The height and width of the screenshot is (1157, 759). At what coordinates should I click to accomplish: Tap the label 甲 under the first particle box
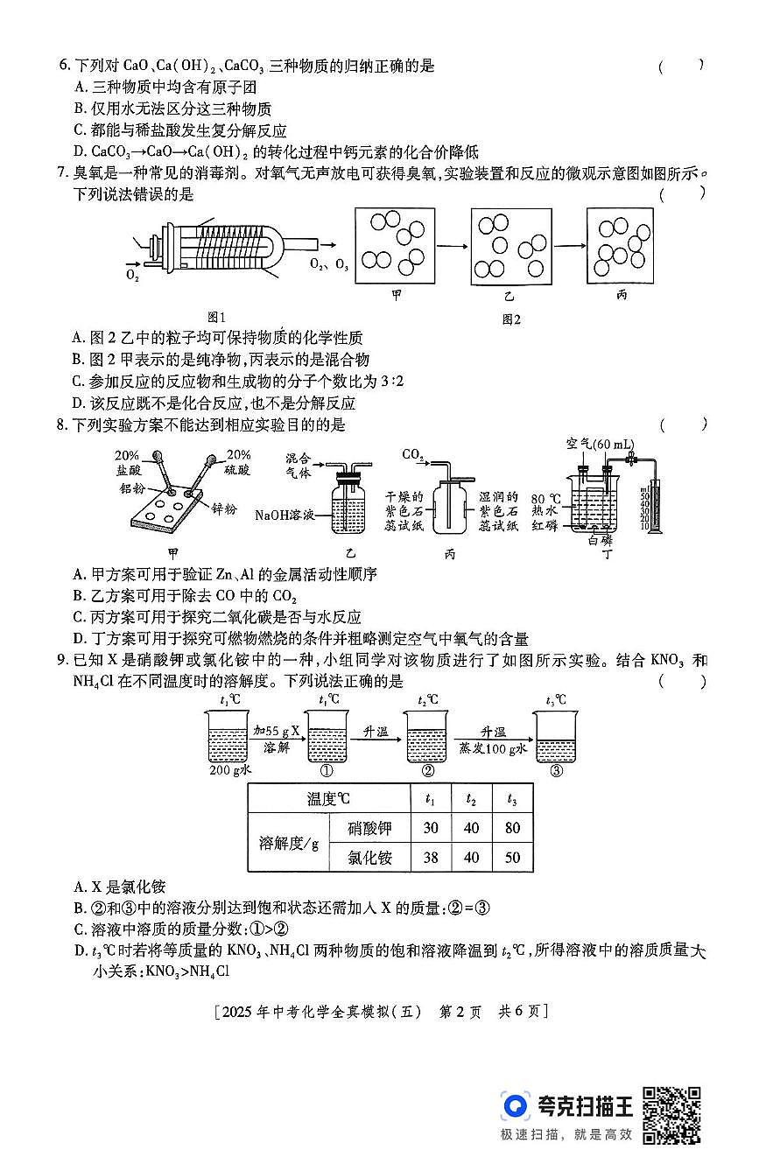tap(397, 295)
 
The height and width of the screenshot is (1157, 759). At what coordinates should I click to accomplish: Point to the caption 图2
tap(511, 319)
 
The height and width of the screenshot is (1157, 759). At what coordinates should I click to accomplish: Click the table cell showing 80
tap(512, 828)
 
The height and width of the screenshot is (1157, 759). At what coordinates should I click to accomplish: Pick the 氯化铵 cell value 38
tap(430, 858)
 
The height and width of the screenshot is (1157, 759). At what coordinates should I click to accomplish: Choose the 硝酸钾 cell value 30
tap(430, 828)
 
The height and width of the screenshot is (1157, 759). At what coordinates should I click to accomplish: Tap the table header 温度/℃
tap(328, 798)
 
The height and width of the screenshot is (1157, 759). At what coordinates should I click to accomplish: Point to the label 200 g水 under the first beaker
tap(231, 771)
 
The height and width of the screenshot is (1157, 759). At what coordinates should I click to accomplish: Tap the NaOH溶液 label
tap(285, 515)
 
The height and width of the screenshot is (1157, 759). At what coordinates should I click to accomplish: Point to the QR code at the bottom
tap(671, 1113)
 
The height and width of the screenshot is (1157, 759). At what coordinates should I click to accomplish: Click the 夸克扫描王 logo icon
tap(517, 1106)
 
